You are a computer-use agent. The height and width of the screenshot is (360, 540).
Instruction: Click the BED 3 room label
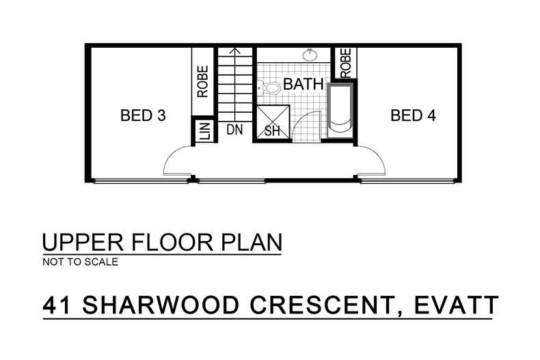tap(143, 115)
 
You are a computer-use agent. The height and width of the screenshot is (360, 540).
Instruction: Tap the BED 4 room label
tap(413, 115)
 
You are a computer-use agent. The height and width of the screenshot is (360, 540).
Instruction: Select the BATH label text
tap(303, 85)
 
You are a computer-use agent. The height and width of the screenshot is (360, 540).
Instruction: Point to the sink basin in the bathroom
tap(308, 54)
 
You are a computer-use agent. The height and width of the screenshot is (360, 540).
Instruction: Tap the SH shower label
tap(271, 131)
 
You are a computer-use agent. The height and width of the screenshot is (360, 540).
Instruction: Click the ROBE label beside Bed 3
tap(203, 81)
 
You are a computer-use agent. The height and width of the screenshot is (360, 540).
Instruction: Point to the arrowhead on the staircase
tap(235, 50)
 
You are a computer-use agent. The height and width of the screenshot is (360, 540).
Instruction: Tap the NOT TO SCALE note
tap(80, 262)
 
